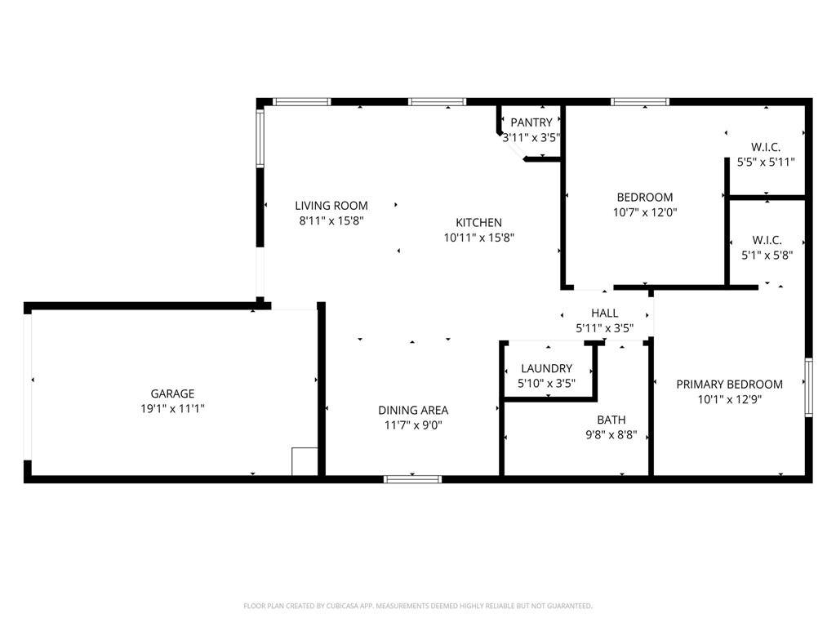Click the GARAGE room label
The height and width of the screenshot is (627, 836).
click(172, 394)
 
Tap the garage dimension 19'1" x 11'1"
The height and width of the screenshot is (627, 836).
click(172, 408)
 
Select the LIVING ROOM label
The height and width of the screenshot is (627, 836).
click(331, 205)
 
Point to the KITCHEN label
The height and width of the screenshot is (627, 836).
click(478, 222)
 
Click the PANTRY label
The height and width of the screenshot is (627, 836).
click(531, 122)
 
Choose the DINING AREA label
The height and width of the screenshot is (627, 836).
click(413, 410)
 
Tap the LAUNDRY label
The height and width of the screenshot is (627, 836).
click(546, 368)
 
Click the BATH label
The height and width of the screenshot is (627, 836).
click(611, 420)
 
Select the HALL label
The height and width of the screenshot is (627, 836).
click(605, 313)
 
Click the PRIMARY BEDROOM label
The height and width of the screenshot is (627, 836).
click(729, 384)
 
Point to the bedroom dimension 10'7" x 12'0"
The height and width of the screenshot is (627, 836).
click(645, 212)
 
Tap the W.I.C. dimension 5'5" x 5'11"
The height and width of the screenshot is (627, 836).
click(766, 162)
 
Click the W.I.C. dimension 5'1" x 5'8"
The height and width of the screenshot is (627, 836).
click(767, 256)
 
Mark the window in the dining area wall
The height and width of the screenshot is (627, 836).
click(412, 479)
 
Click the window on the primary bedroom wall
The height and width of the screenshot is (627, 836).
click(808, 388)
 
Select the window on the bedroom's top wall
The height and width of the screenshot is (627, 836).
click(640, 102)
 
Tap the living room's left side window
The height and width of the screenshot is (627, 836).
click(260, 138)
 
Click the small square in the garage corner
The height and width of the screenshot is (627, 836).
click(305, 461)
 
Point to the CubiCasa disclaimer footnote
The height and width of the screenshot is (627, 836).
click(417, 606)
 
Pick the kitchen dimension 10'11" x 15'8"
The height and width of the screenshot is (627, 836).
click(478, 238)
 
